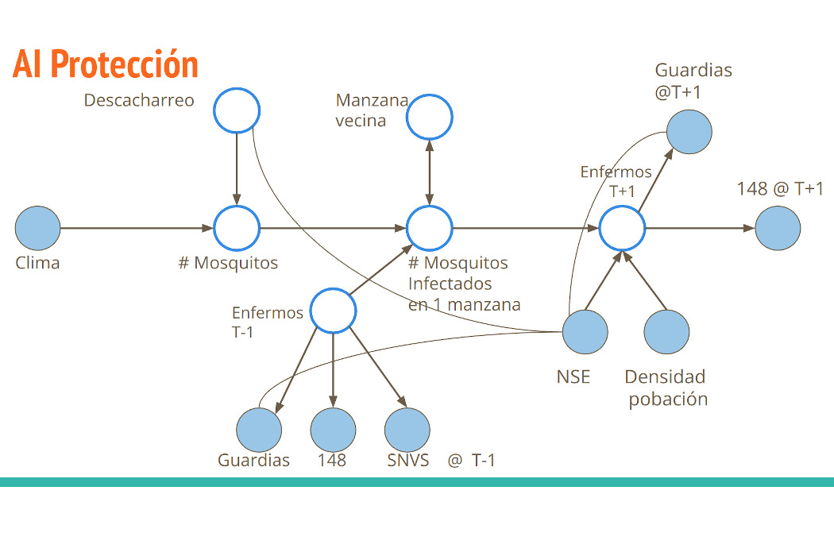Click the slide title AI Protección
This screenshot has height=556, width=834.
105,65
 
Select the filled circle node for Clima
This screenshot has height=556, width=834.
37,228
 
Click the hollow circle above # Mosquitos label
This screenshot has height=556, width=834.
237,228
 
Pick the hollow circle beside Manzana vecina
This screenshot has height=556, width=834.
430,118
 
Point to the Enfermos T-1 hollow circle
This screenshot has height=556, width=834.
332,311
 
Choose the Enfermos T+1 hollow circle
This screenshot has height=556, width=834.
622,228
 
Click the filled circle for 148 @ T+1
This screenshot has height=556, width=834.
778,228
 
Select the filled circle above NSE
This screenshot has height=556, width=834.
585,331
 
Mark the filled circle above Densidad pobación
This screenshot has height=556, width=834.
666,331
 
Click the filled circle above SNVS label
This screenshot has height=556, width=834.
407,430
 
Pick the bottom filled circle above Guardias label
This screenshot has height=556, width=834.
259,430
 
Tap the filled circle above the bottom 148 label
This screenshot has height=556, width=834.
333,430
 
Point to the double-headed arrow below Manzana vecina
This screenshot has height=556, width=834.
430,173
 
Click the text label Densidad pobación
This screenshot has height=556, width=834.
666,388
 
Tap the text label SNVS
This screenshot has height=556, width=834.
407,460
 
